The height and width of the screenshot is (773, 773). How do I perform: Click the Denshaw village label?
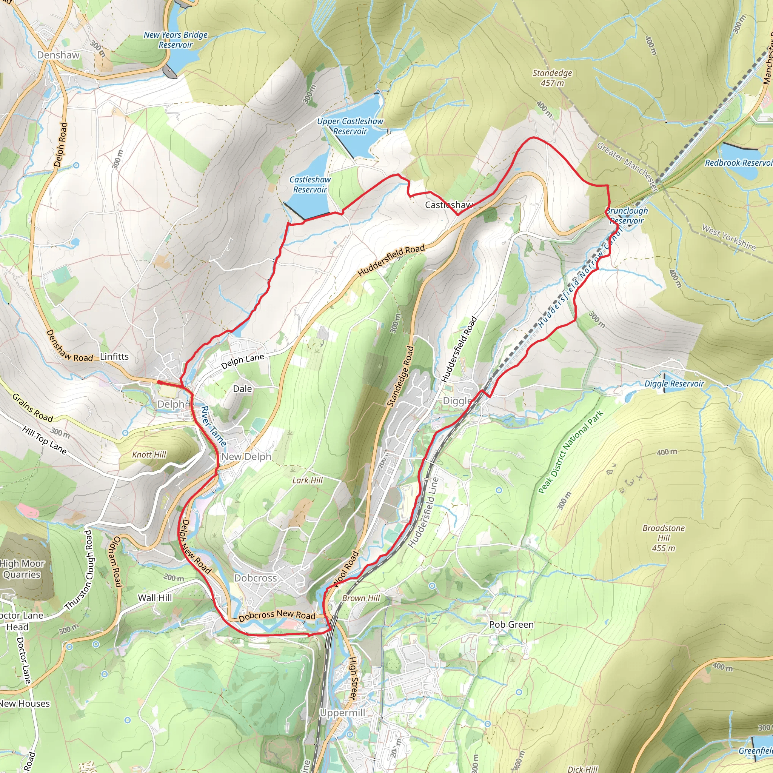(59, 55)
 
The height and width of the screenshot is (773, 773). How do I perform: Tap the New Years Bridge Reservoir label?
(176, 40)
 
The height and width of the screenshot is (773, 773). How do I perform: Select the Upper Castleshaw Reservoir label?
(350, 126)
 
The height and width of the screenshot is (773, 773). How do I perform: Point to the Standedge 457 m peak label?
(552, 78)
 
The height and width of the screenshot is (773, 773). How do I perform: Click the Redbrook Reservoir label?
(739, 163)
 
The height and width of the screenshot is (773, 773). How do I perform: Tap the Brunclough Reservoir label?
(627, 216)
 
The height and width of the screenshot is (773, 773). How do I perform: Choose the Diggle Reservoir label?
(674, 384)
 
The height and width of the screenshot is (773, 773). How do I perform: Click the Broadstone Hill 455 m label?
(664, 538)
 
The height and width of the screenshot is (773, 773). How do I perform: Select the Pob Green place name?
(511, 625)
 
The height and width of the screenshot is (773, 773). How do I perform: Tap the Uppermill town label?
(342, 713)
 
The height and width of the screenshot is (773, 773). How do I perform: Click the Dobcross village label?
(256, 578)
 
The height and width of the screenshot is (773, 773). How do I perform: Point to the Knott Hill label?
(149, 454)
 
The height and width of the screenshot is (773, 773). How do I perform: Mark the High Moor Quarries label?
(22, 568)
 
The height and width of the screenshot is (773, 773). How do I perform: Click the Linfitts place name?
(114, 356)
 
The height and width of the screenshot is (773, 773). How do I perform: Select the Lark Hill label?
(307, 480)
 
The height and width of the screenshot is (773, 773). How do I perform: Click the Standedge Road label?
(400, 376)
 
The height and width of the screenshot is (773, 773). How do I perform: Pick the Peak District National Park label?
(571, 453)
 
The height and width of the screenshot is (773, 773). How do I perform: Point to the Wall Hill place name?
(155, 598)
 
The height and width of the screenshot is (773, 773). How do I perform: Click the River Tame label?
(213, 427)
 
